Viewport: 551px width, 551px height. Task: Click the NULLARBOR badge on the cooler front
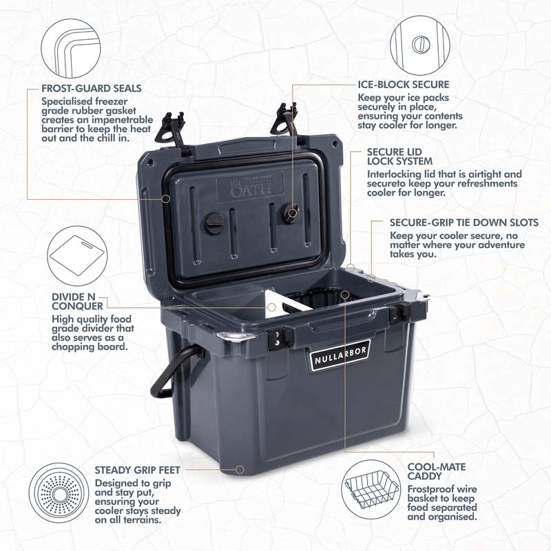tap(340, 355)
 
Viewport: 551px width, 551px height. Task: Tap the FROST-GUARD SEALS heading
tap(92, 88)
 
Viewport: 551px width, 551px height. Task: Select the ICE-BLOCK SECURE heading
tap(404, 84)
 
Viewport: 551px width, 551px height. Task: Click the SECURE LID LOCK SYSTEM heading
tap(400, 157)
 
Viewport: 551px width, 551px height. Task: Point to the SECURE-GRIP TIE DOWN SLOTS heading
tap(464, 222)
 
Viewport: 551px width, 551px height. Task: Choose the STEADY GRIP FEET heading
tap(137, 470)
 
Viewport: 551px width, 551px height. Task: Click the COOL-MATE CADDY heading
tap(437, 472)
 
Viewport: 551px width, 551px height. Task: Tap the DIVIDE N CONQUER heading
tap(77, 302)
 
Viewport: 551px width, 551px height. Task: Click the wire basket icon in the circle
tap(371, 490)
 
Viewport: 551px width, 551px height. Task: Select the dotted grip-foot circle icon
tap(59, 492)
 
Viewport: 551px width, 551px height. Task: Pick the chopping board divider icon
tap(77, 256)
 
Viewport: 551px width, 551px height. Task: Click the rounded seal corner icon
tap(71, 48)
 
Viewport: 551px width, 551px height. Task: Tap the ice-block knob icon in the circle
tap(420, 45)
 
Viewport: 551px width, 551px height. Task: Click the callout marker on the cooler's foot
tap(240, 470)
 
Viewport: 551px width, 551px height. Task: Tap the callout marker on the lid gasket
tap(166, 199)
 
